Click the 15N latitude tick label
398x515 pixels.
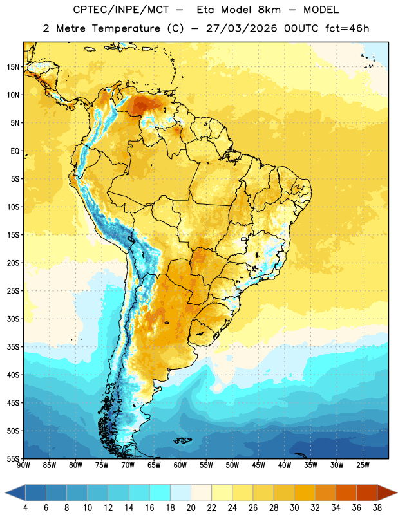click(x=13, y=67)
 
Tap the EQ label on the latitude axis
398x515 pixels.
click(x=15, y=151)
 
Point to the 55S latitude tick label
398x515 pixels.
click(x=13, y=459)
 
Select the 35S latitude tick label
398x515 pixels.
click(x=13, y=347)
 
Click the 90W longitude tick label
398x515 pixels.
click(x=23, y=465)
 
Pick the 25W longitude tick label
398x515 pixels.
click(x=363, y=465)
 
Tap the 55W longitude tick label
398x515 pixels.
click(x=206, y=465)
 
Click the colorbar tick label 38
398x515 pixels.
click(x=377, y=508)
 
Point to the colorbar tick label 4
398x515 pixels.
click(x=25, y=508)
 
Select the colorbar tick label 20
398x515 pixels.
click(x=191, y=508)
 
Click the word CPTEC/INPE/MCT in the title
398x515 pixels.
click(x=120, y=10)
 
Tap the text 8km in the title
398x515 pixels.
click(x=269, y=10)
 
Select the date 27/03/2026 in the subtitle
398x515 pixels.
click(x=242, y=28)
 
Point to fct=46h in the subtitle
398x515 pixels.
click(x=347, y=28)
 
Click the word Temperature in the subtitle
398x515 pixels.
click(x=126, y=28)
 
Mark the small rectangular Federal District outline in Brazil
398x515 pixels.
click(x=244, y=239)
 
